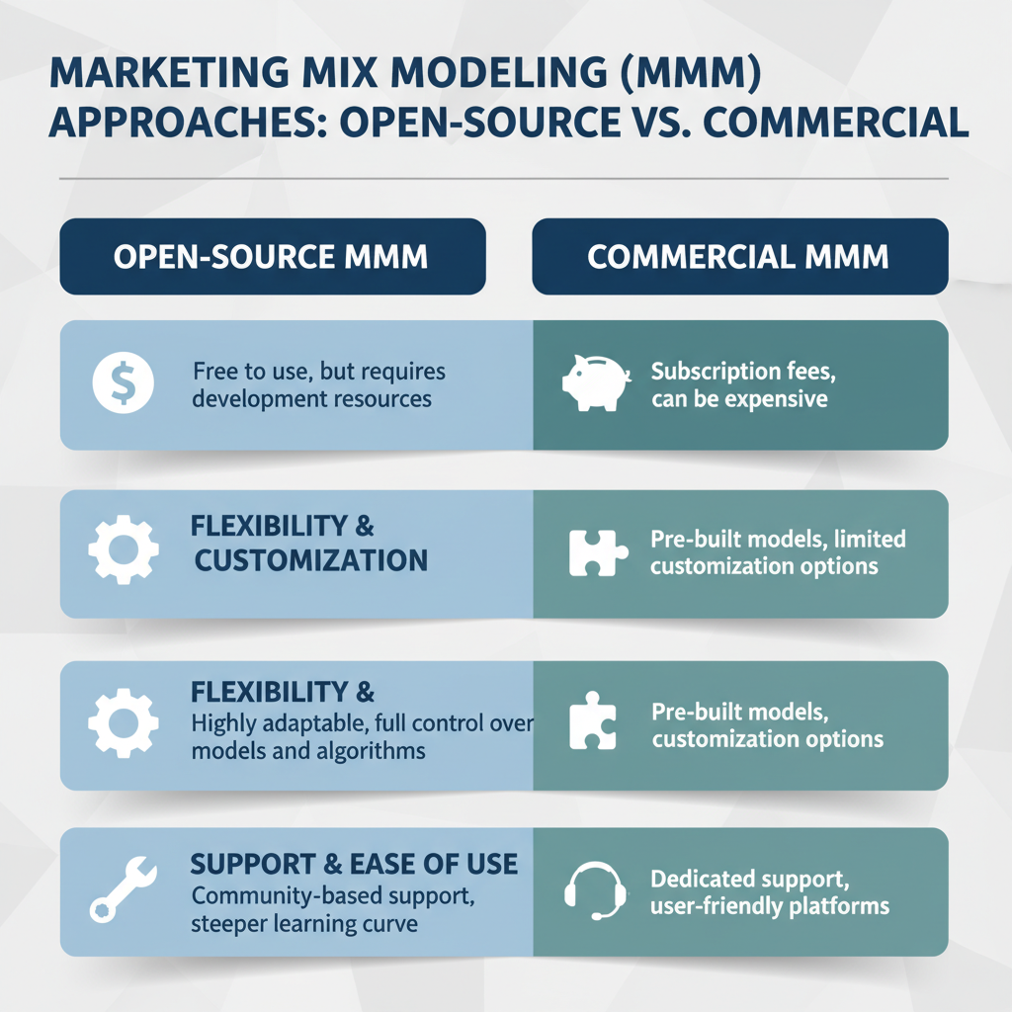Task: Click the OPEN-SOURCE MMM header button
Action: click(272, 257)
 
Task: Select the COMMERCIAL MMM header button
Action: click(739, 257)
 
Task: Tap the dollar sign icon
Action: click(123, 383)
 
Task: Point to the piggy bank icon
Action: click(595, 383)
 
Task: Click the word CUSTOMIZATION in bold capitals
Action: click(311, 560)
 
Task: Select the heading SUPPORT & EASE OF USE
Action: click(354, 864)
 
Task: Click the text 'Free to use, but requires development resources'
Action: click(319, 385)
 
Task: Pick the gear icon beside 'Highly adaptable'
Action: click(124, 722)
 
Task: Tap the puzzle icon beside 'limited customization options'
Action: click(597, 553)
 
